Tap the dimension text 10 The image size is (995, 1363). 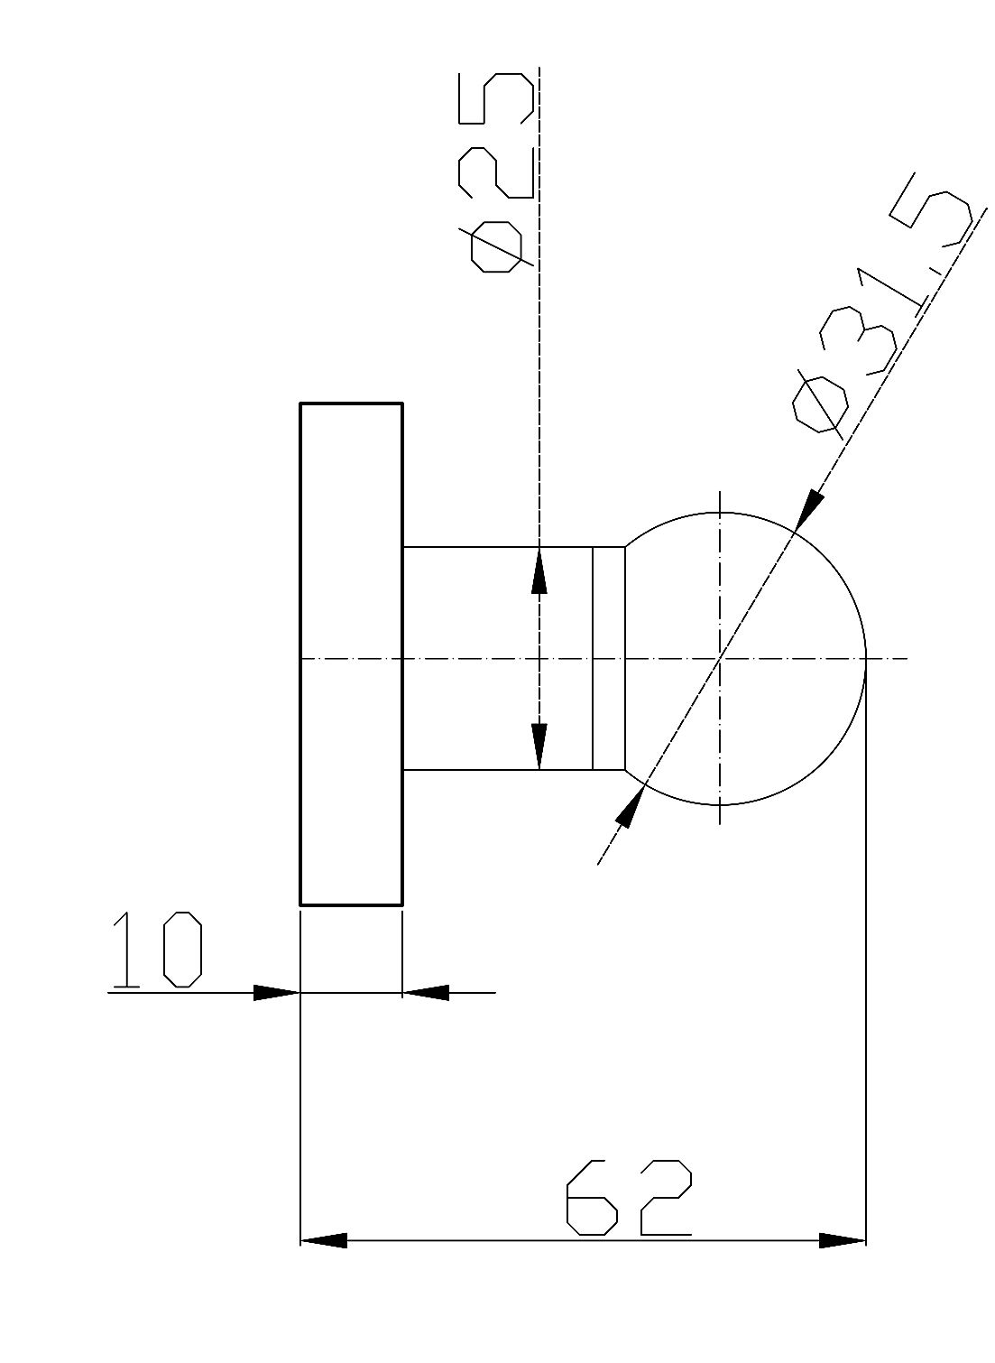[157, 950]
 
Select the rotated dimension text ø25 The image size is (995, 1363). [496, 172]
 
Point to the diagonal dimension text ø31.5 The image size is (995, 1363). [888, 303]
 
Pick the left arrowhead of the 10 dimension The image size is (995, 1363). [277, 992]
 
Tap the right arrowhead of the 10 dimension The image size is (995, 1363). [426, 992]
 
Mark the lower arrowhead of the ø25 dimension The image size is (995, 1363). [539, 746]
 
